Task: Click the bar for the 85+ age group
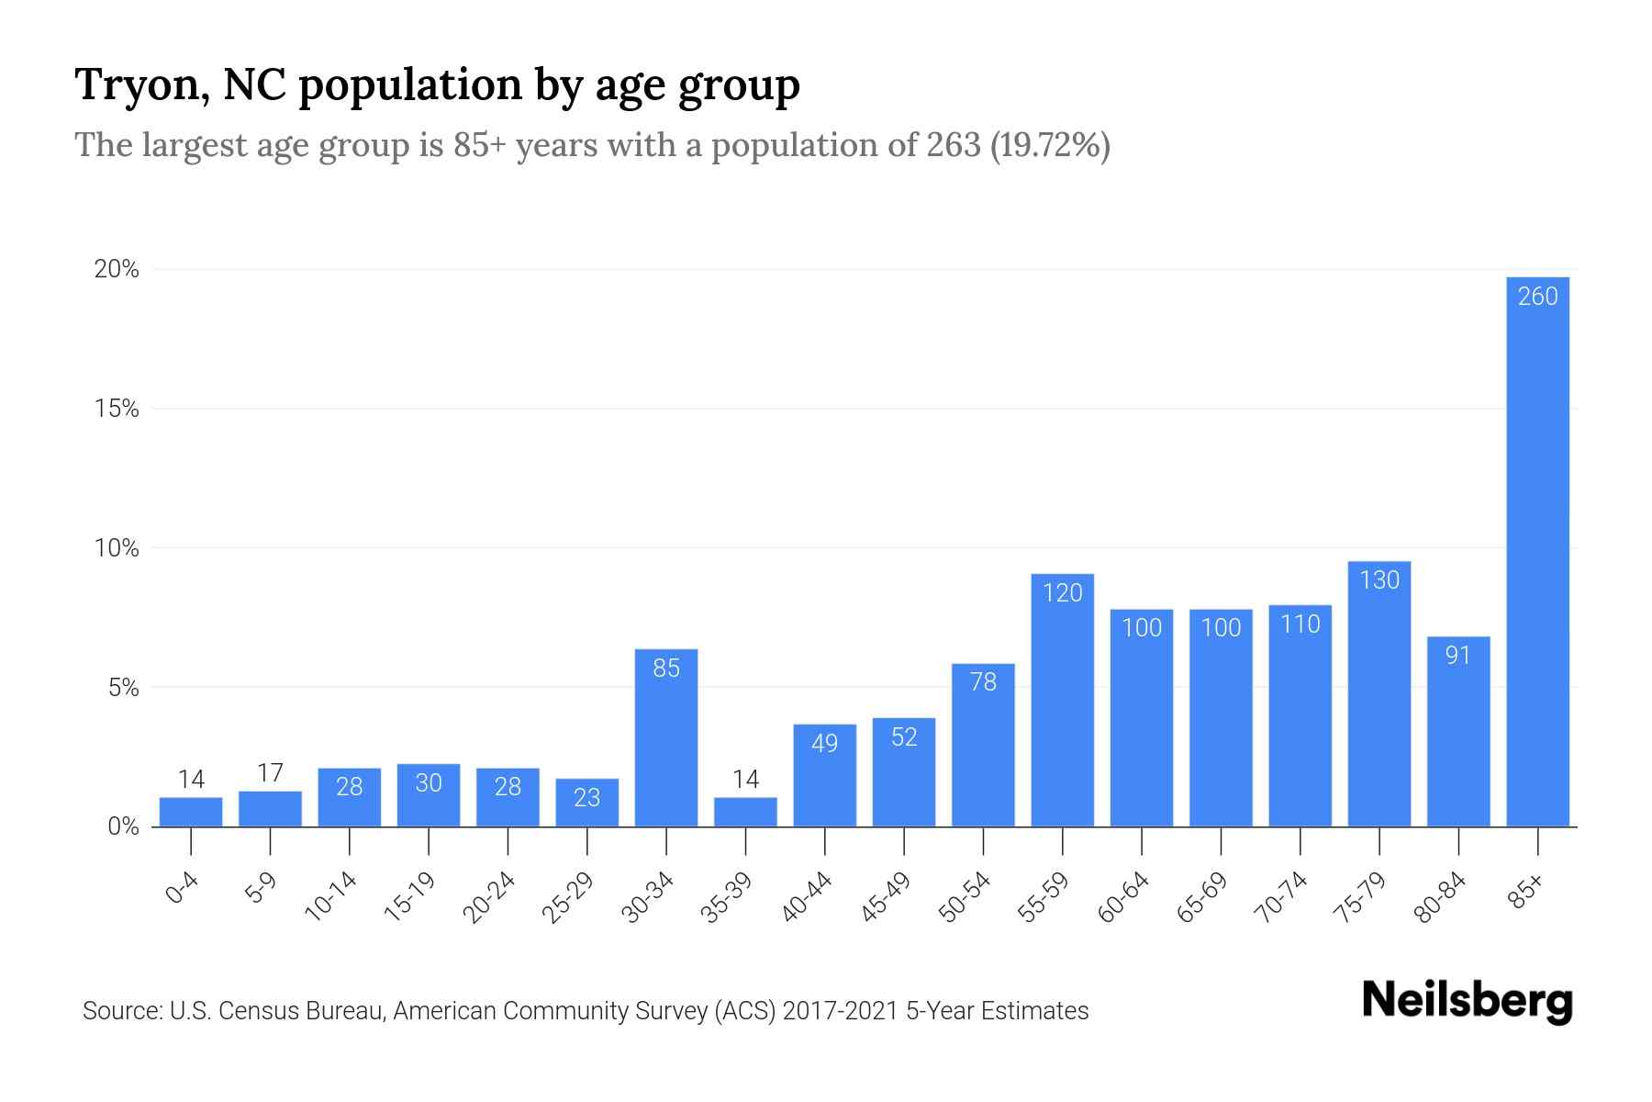(x=1537, y=551)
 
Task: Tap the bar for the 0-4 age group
(x=191, y=812)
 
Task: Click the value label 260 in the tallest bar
(x=1537, y=297)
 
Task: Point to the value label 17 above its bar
(x=270, y=773)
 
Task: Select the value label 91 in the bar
(x=1457, y=656)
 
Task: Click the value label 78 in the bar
(x=983, y=681)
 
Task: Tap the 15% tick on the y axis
(x=117, y=410)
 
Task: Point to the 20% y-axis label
(x=117, y=270)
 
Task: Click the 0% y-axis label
(x=123, y=827)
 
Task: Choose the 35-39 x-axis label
(x=728, y=897)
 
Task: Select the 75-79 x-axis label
(x=1362, y=897)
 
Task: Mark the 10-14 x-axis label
(x=331, y=897)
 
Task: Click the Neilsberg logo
(x=1468, y=1001)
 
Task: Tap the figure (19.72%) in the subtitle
(x=1050, y=145)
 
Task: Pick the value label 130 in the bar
(x=1379, y=580)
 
